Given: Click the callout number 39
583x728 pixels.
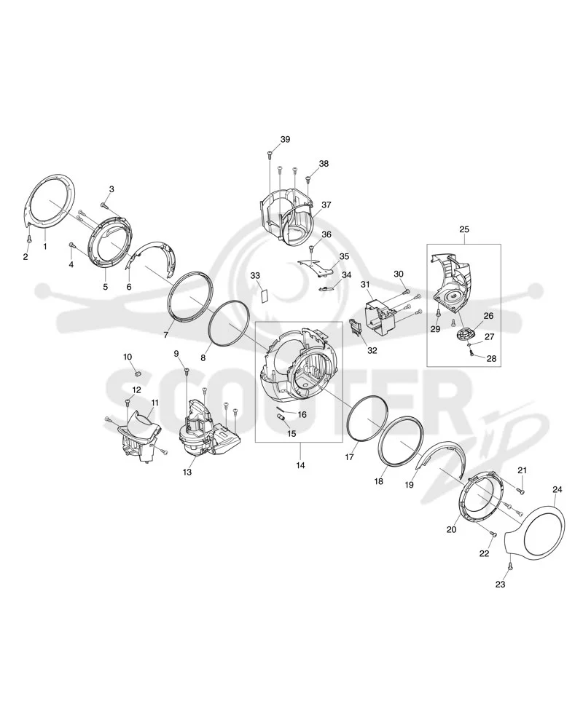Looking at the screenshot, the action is [x=285, y=139].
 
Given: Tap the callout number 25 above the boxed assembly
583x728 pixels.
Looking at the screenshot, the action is [x=464, y=229].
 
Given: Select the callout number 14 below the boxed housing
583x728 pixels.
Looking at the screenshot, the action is [x=301, y=465].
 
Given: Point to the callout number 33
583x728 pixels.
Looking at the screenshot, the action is [x=255, y=276].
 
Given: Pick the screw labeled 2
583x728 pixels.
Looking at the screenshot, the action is [x=29, y=239].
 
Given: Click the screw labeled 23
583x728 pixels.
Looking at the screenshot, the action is [x=509, y=566].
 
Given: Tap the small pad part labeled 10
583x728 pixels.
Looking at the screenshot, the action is [x=137, y=373].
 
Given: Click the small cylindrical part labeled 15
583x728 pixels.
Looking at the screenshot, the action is [x=281, y=419].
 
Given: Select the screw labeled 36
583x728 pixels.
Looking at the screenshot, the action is [x=311, y=249].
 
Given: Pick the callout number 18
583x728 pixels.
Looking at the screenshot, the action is [x=379, y=481].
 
